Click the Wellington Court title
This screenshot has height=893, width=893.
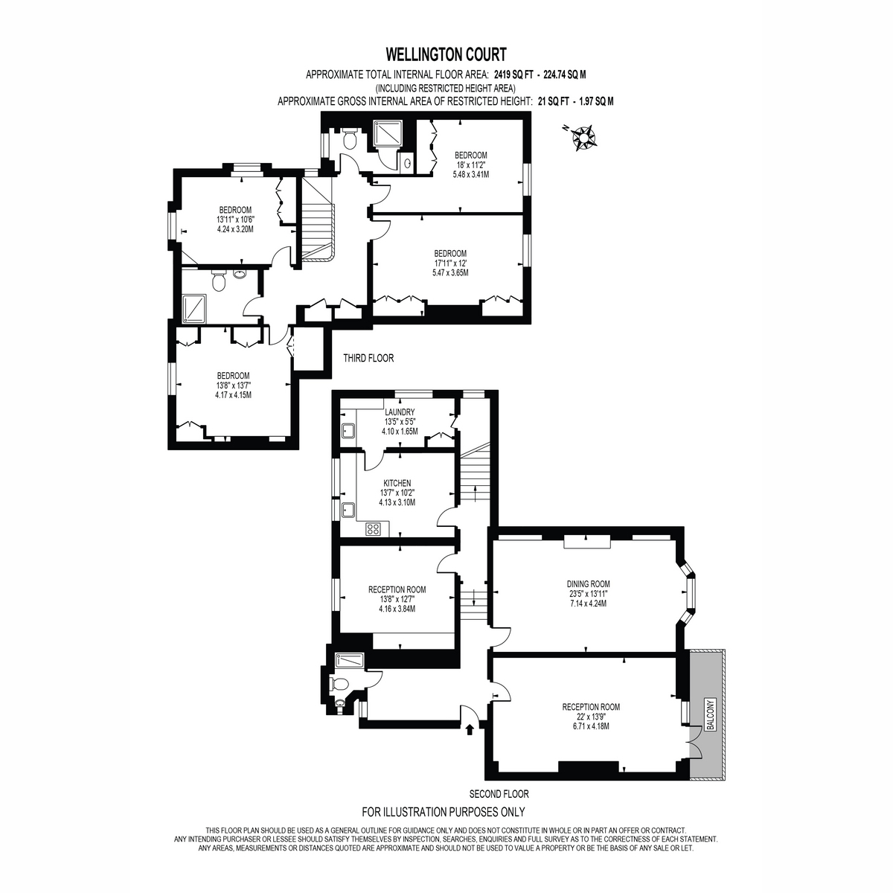(446, 54)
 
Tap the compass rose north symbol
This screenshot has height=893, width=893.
(583, 137)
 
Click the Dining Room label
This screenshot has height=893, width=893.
(588, 584)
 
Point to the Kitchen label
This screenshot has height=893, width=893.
(397, 483)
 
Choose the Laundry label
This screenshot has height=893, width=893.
(400, 412)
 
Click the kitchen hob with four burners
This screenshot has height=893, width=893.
(373, 529)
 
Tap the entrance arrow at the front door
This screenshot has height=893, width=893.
(470, 730)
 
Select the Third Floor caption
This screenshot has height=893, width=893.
(368, 358)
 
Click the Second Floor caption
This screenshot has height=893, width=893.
(499, 794)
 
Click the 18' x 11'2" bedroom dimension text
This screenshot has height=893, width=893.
(471, 165)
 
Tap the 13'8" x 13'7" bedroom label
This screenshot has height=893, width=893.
(233, 385)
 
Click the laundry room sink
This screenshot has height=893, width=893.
(348, 432)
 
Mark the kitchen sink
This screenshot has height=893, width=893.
(348, 510)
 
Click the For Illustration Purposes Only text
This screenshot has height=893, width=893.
(443, 812)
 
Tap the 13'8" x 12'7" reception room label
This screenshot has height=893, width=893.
(397, 599)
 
